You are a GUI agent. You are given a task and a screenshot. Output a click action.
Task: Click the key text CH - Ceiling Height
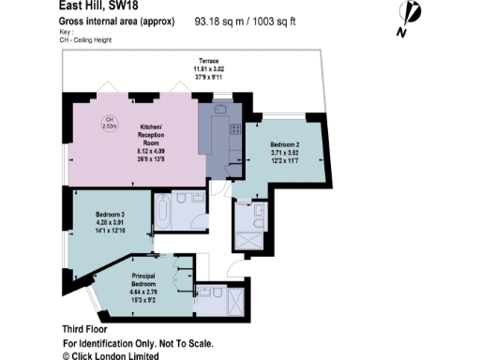86,38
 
